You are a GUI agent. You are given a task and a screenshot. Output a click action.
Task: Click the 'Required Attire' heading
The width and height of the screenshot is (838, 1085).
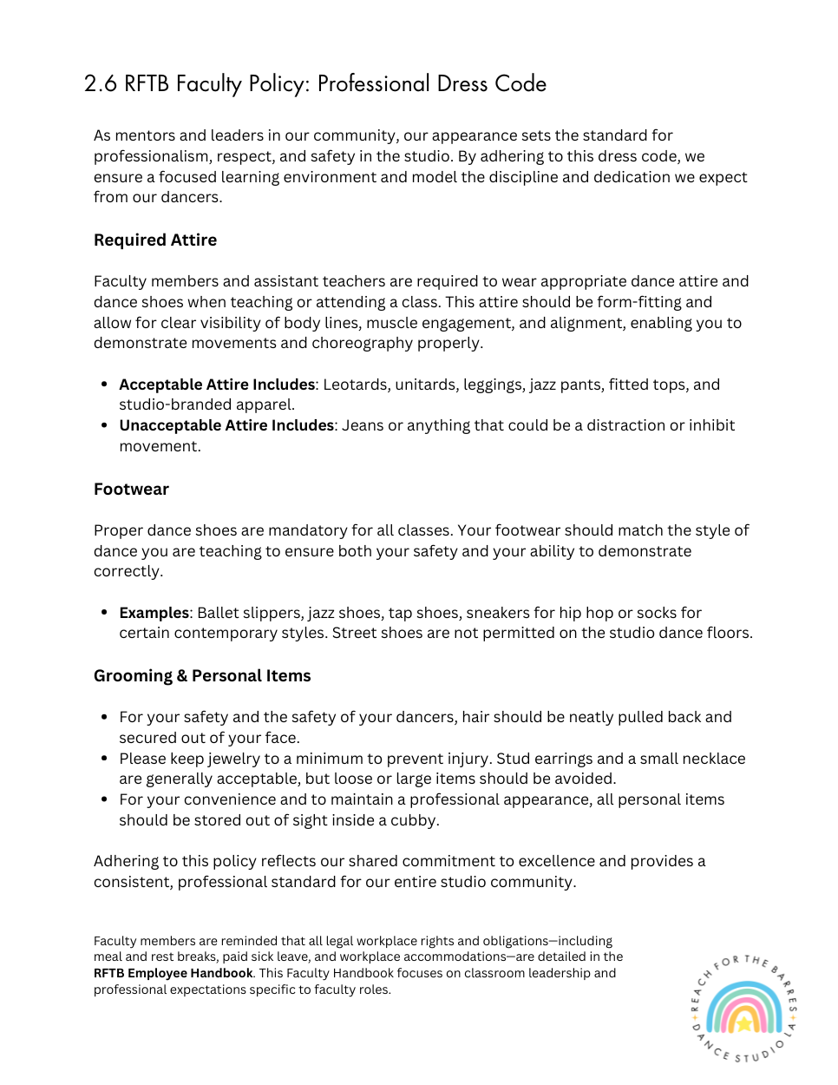(x=155, y=240)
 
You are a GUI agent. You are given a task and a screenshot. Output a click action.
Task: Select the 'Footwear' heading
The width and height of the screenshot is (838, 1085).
(x=131, y=490)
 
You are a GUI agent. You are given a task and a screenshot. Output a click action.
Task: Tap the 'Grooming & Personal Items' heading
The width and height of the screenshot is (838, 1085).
(x=202, y=676)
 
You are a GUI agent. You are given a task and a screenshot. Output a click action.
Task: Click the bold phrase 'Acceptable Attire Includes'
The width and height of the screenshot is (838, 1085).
(x=217, y=385)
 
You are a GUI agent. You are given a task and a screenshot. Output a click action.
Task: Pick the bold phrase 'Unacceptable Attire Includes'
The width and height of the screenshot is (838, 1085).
(x=226, y=425)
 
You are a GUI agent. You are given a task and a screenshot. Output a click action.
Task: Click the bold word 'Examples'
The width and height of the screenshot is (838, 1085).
(x=154, y=613)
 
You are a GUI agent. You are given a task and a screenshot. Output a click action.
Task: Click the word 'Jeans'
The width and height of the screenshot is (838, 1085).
(x=363, y=425)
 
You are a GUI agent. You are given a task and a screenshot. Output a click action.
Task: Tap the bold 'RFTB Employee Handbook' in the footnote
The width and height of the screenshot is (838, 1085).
(x=173, y=974)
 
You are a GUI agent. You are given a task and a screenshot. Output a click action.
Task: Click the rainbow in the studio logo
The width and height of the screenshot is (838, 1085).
(x=743, y=1007)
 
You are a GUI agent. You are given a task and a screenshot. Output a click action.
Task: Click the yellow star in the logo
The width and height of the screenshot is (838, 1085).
(x=743, y=1023)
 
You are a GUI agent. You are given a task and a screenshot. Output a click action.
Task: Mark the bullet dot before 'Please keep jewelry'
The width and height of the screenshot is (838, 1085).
(x=104, y=759)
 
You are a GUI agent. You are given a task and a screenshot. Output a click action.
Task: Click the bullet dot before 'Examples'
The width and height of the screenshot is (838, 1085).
(x=104, y=613)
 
